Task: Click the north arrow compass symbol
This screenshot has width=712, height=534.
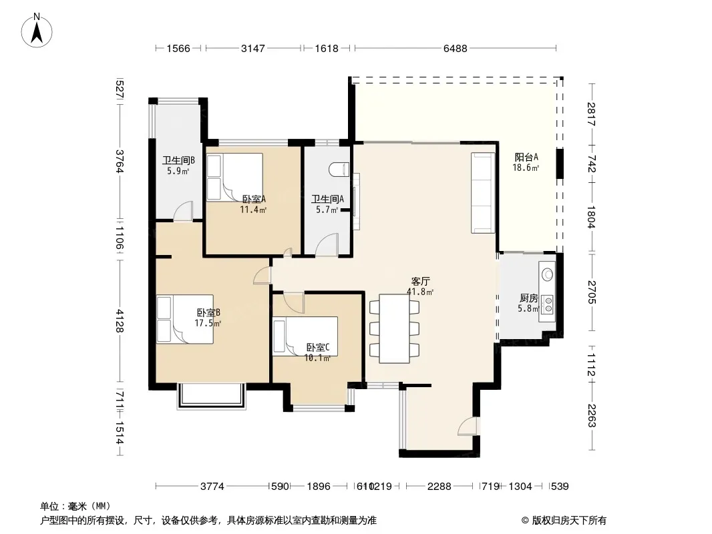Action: click(x=37, y=31)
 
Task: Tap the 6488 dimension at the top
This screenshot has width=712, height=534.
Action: click(x=455, y=48)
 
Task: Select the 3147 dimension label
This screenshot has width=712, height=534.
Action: click(x=252, y=48)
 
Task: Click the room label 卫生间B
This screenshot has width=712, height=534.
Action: click(x=178, y=160)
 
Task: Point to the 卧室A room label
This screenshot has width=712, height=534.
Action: click(x=254, y=199)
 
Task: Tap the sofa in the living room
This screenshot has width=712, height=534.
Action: click(x=483, y=193)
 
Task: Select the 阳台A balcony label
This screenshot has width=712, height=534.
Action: click(x=526, y=157)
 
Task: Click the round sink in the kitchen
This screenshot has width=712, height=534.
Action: click(x=548, y=274)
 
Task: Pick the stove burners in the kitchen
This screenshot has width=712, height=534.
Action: click(x=548, y=304)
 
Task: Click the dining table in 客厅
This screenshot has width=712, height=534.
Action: click(x=395, y=328)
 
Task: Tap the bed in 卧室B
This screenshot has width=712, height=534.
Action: click(x=185, y=319)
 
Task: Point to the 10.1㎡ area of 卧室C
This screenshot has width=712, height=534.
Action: click(x=317, y=358)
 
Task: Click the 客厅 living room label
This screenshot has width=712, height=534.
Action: click(x=421, y=281)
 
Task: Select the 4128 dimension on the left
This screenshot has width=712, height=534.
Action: click(x=120, y=321)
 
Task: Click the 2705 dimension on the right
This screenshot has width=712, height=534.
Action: click(x=591, y=292)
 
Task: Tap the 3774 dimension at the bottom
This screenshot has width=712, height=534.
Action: click(x=212, y=487)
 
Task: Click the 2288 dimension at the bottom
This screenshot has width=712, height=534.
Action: click(x=439, y=487)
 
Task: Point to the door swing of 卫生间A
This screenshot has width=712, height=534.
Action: click(x=327, y=244)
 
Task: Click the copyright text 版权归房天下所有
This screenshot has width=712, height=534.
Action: click(x=569, y=521)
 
